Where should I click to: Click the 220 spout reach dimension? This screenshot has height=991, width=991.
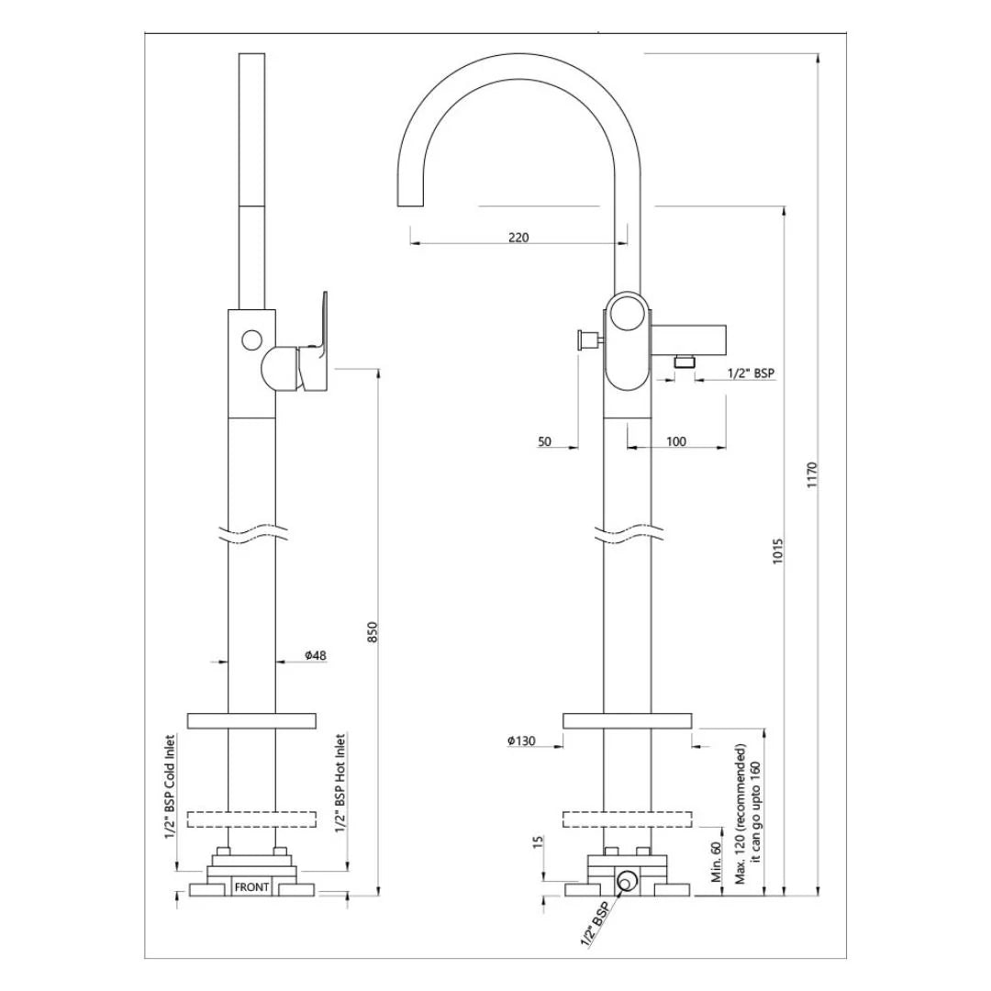tap(518, 238)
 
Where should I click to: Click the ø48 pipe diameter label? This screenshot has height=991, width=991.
tap(316, 655)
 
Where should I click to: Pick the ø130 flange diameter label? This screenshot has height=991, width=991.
tap(521, 741)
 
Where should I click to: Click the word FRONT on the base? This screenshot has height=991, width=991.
tap(251, 887)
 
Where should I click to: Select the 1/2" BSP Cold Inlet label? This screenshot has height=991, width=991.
tap(170, 785)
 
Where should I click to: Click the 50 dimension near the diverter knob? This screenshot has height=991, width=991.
tap(544, 441)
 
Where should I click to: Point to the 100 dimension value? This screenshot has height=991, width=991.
tap(675, 441)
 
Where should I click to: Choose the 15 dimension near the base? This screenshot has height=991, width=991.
tap(539, 842)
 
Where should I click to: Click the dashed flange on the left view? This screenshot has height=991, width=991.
tap(251, 818)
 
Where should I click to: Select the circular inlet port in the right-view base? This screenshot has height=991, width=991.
tap(627, 883)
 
